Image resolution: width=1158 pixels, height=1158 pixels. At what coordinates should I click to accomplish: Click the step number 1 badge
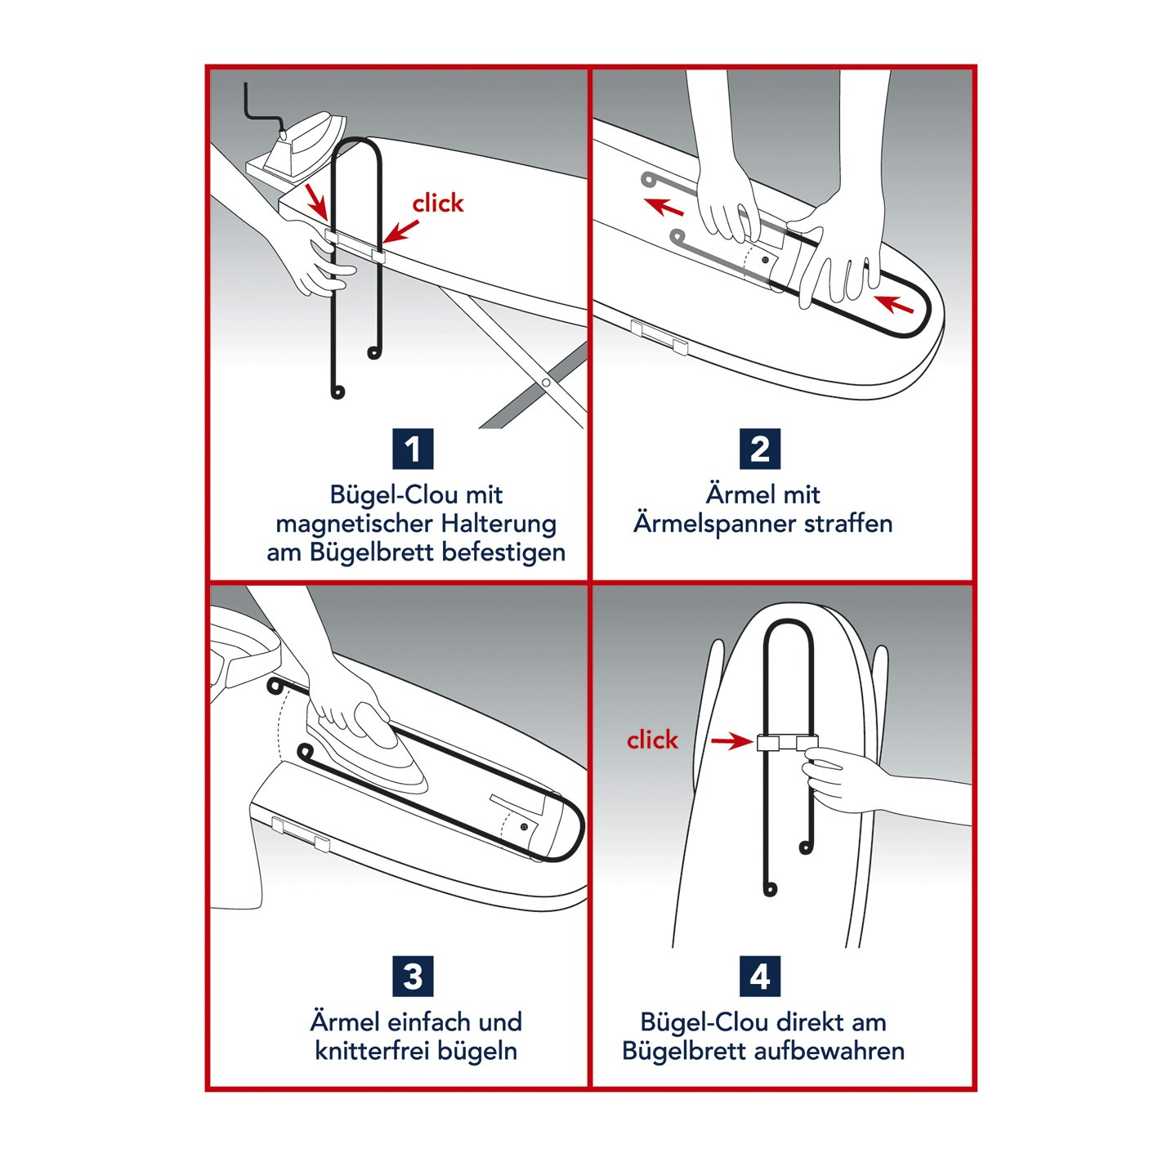point(413,449)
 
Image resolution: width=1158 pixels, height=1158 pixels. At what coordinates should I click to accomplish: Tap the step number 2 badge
point(760,449)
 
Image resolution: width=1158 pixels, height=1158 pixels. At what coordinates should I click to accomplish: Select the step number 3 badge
point(413,977)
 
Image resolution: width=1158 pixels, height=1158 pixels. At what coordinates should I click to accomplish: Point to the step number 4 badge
point(760,977)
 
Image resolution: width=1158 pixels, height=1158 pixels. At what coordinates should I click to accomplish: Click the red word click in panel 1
point(437,203)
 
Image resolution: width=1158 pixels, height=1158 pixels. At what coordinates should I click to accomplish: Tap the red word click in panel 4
point(652,740)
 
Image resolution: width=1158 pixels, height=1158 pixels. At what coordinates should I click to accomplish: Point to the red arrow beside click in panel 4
point(731,741)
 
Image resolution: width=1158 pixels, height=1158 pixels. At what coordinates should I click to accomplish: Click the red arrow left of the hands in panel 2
point(664,206)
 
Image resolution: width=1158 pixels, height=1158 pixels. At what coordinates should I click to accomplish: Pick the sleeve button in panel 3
point(524,827)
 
